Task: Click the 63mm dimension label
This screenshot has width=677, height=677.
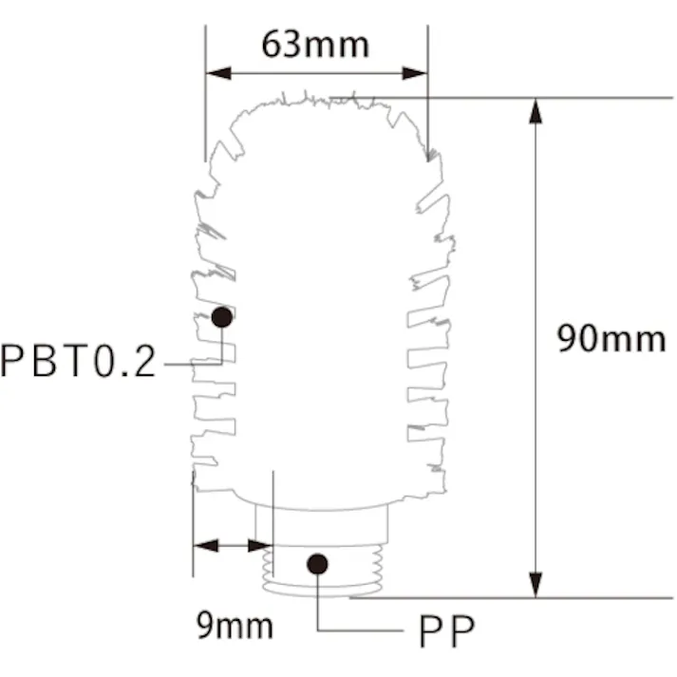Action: pos(315,44)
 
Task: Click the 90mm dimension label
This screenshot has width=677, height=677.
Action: pos(611,339)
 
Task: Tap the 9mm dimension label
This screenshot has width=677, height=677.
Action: pos(235,626)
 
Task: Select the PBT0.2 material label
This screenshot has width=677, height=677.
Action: pos(78,362)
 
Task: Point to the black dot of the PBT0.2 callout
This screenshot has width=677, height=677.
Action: pos(222,317)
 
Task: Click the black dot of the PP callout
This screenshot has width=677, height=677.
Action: pos(318,564)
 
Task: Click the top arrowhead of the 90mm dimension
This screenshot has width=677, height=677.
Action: pos(536,110)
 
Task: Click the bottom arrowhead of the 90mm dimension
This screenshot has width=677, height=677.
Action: pos(536,586)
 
